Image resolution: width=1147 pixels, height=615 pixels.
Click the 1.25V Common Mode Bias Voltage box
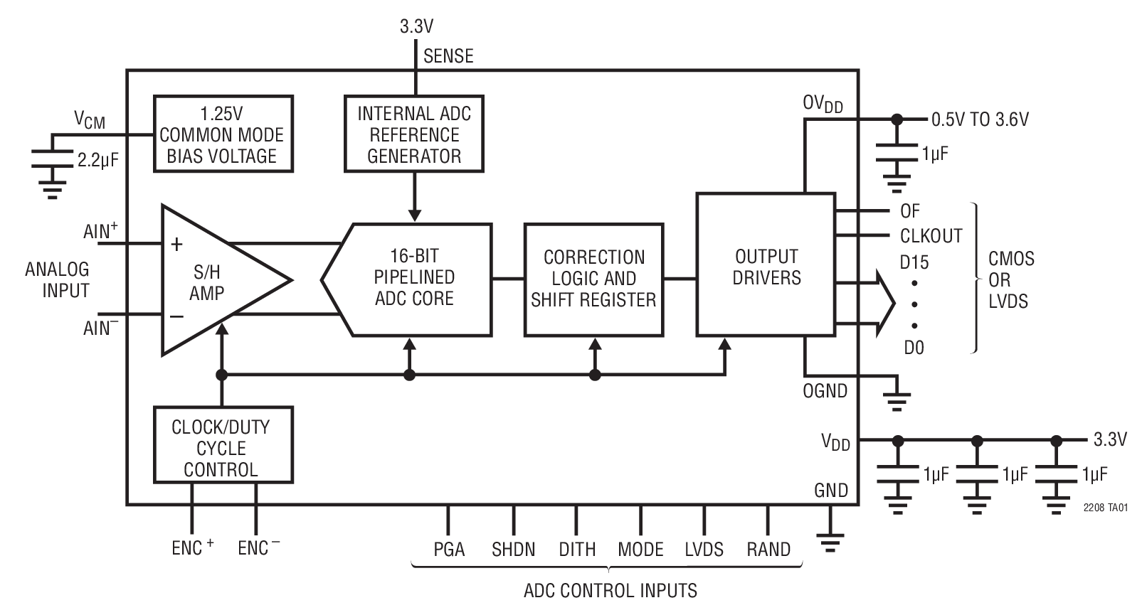coord(223,134)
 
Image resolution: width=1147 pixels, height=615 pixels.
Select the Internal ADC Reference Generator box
coord(414,134)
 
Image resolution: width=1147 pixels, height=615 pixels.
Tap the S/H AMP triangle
coord(213,281)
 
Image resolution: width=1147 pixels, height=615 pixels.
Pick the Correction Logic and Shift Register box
coord(593,279)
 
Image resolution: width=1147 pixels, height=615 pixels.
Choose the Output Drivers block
coord(766,264)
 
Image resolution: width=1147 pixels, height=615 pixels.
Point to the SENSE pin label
coord(448,56)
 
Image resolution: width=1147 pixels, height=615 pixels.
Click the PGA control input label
coord(449,550)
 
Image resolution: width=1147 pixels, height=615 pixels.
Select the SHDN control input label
coord(513,550)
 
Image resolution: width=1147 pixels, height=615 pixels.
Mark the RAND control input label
coord(768,550)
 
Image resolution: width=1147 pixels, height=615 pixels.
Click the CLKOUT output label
coord(930,235)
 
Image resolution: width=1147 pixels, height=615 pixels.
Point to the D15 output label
coord(914,262)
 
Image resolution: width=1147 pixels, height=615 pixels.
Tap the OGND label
coord(825,391)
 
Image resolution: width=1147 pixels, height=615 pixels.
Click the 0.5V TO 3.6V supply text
coord(980,119)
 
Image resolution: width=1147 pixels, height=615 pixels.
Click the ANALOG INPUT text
coord(57,279)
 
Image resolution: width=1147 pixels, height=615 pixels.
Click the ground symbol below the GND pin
coord(830,542)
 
